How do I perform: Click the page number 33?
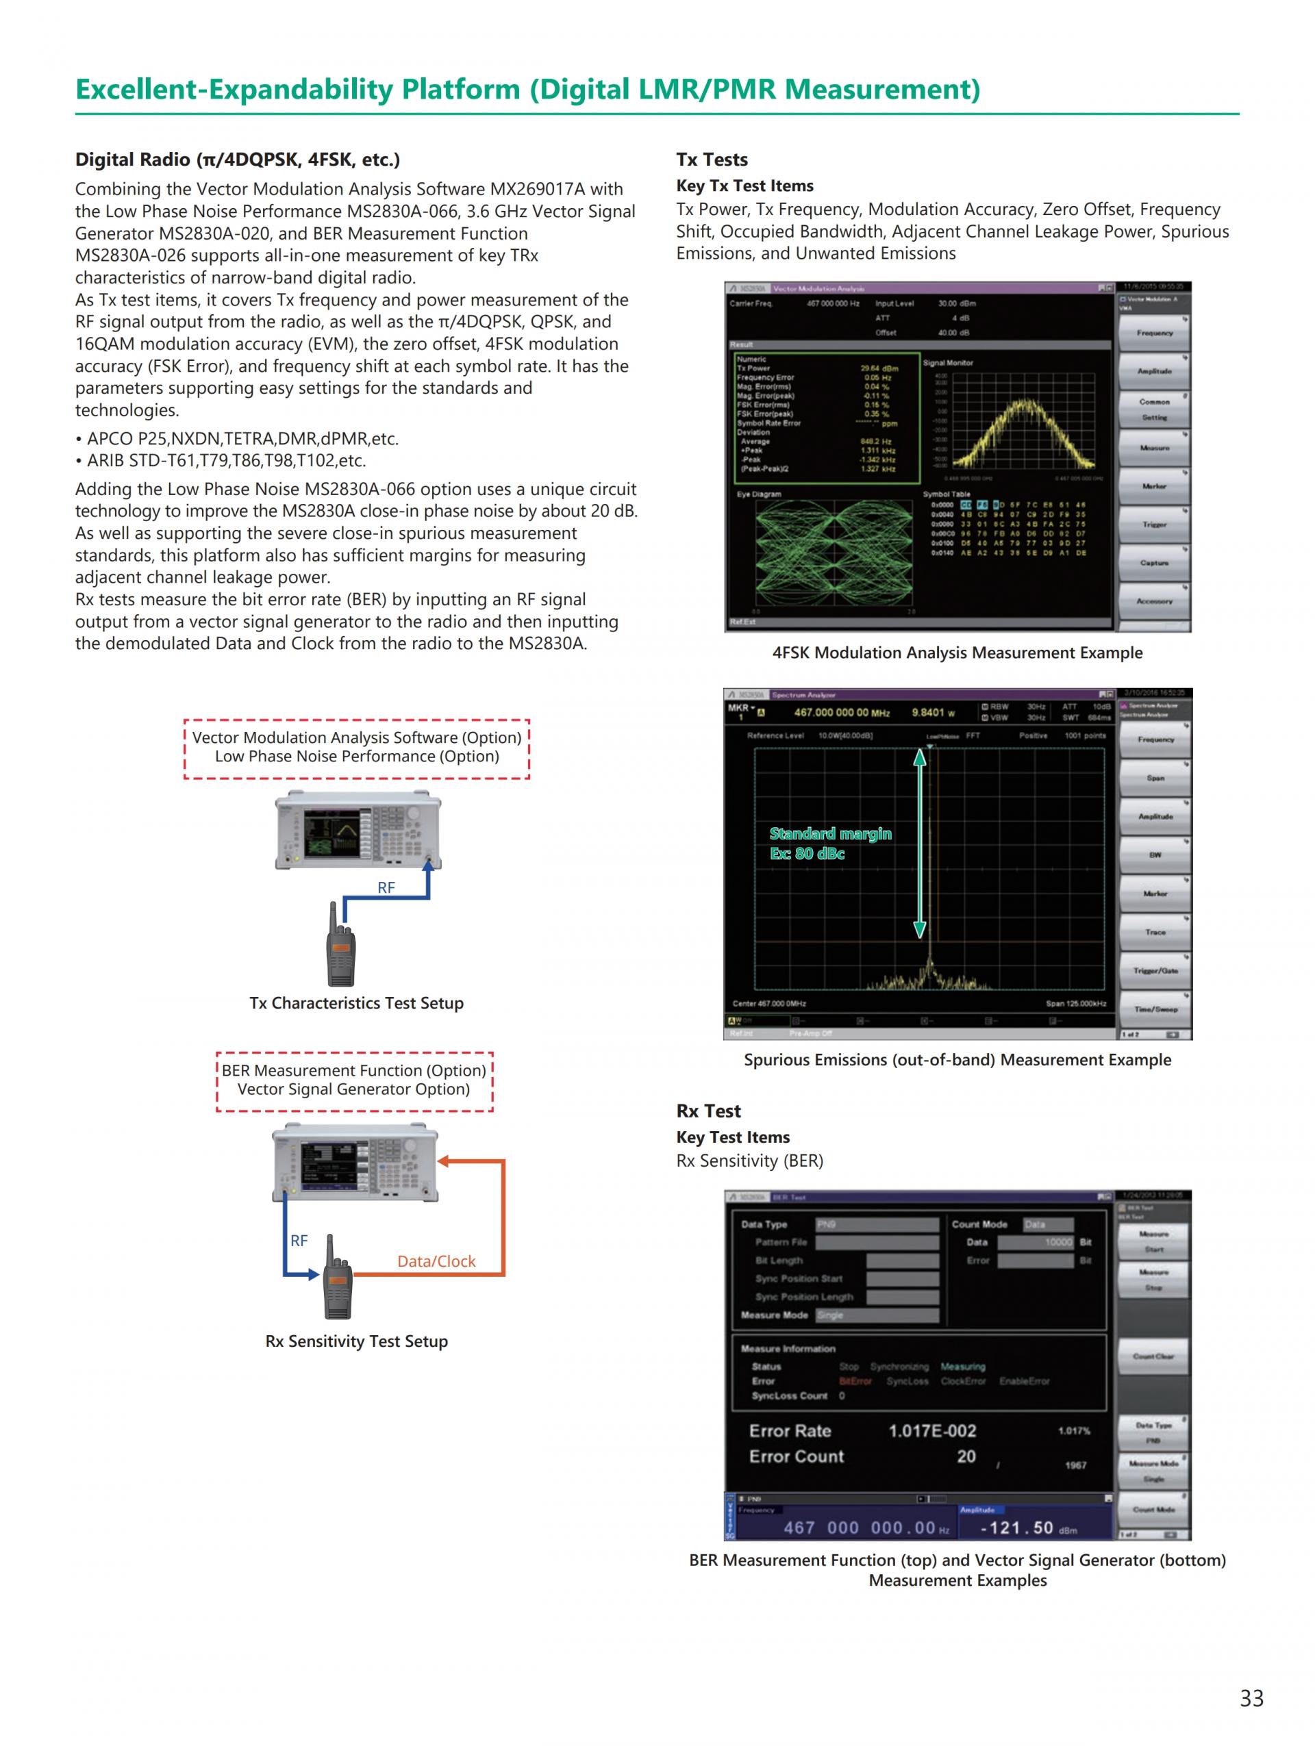[x=1251, y=1697]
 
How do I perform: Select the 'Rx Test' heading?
[x=708, y=1111]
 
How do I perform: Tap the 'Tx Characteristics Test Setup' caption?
[x=356, y=1002]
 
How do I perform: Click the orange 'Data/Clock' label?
[x=436, y=1261]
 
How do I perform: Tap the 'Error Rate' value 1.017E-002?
[x=931, y=1430]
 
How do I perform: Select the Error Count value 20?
[x=966, y=1456]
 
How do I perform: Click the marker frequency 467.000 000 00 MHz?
[x=842, y=713]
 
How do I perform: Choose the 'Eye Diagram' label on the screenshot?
[x=759, y=494]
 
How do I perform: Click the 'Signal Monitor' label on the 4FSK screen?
[x=948, y=363]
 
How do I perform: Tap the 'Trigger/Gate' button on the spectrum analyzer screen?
[x=1155, y=971]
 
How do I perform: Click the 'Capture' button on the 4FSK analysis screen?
[x=1154, y=563]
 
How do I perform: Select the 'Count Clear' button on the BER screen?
[x=1153, y=1356]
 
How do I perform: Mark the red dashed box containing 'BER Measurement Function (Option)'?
[x=354, y=1080]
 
